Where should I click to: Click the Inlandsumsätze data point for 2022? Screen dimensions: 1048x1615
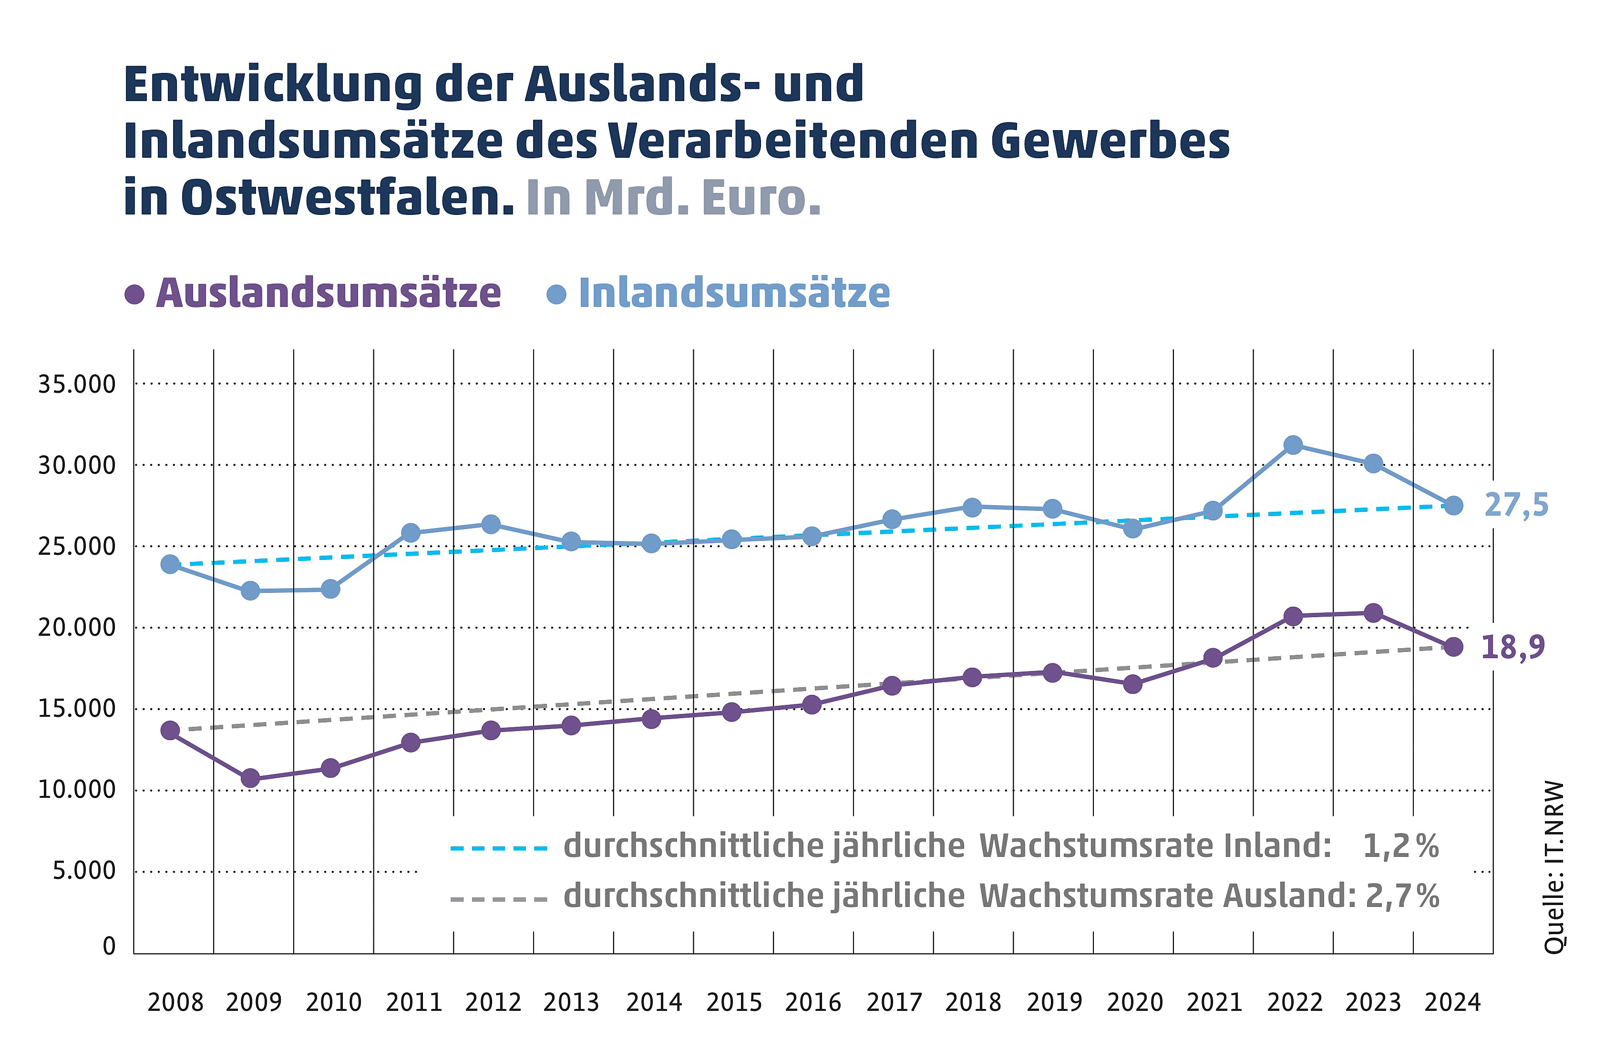[x=1293, y=445]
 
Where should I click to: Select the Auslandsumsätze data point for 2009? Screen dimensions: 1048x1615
[x=250, y=778]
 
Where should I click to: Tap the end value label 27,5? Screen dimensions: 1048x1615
[x=1516, y=505]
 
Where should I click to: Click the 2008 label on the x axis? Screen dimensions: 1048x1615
[x=175, y=1002]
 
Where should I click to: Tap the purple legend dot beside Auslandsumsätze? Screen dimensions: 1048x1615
[x=134, y=295]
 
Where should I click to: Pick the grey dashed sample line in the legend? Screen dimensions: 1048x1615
[x=499, y=899]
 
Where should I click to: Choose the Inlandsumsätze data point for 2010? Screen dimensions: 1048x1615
[x=330, y=589]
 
